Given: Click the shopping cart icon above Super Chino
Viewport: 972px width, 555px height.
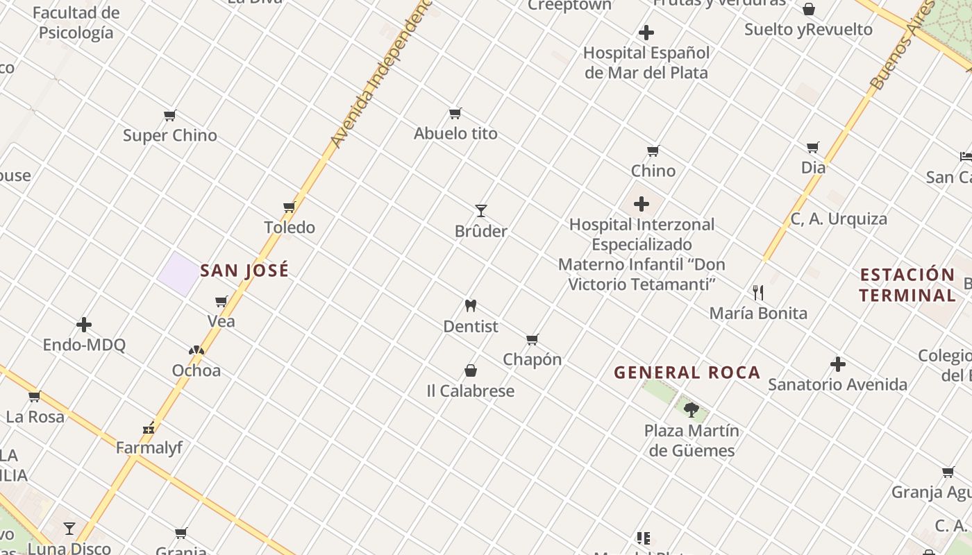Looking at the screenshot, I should tap(170, 115).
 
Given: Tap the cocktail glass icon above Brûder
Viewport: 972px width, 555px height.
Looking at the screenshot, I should tap(480, 210).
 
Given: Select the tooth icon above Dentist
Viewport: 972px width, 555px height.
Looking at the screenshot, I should tap(471, 305).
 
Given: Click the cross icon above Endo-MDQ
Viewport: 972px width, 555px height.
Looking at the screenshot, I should tap(84, 324).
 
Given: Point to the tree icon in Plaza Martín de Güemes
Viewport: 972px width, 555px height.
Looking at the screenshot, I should tap(691, 409).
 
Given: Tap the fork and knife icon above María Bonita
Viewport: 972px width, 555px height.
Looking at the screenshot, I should tap(758, 293).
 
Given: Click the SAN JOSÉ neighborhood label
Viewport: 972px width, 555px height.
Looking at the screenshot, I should tap(244, 271).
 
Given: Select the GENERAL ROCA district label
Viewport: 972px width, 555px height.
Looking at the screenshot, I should tap(687, 373).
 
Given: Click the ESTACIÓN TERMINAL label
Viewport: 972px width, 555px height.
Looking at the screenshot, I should tap(907, 284).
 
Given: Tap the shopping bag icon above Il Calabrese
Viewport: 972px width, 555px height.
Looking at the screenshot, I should tap(471, 370).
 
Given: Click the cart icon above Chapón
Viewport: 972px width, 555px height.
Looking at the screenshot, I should tap(533, 339).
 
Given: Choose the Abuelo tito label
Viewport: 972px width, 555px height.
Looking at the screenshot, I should tap(455, 133).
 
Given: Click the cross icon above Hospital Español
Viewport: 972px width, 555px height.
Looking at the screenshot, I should tap(646, 33).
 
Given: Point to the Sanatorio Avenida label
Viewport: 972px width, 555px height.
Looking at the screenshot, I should tap(837, 384).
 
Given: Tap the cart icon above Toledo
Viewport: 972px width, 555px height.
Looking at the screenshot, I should tap(290, 207).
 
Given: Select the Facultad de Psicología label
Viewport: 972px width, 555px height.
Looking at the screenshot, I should tap(76, 23).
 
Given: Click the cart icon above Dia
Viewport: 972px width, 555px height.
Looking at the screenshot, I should tap(813, 147).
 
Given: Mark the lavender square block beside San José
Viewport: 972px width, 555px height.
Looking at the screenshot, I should tap(178, 273).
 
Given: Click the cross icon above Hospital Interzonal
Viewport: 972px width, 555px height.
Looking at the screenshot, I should tap(642, 204).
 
